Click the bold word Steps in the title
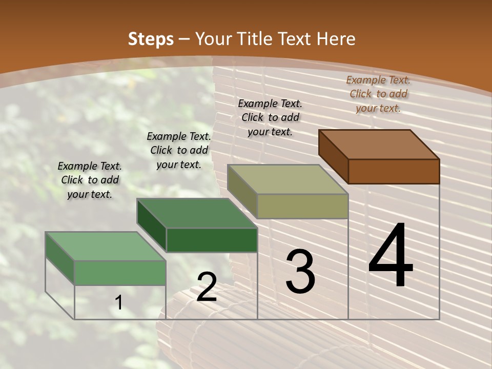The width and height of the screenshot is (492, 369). pyautogui.click(x=150, y=39)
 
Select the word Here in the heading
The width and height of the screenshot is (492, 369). pyautogui.click(x=336, y=39)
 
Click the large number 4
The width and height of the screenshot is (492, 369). pyautogui.click(x=391, y=256)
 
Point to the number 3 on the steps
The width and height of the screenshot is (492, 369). pyautogui.click(x=300, y=272)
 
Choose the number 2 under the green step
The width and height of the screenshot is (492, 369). pyautogui.click(x=207, y=287)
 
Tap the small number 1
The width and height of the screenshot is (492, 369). pyautogui.click(x=119, y=303)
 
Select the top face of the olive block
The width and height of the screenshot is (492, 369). pyautogui.click(x=288, y=179)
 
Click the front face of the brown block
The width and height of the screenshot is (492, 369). pyautogui.click(x=394, y=171)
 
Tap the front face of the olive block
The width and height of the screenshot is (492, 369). pyautogui.click(x=302, y=206)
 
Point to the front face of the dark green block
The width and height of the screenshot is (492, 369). pyautogui.click(x=212, y=240)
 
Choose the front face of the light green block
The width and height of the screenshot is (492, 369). pyautogui.click(x=120, y=273)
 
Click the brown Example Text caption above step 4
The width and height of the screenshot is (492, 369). pyautogui.click(x=378, y=94)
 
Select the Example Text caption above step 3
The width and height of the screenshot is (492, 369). pyautogui.click(x=270, y=117)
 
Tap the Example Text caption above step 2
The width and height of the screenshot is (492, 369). pyautogui.click(x=179, y=150)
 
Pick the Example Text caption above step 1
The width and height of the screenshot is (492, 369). pyautogui.click(x=90, y=180)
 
